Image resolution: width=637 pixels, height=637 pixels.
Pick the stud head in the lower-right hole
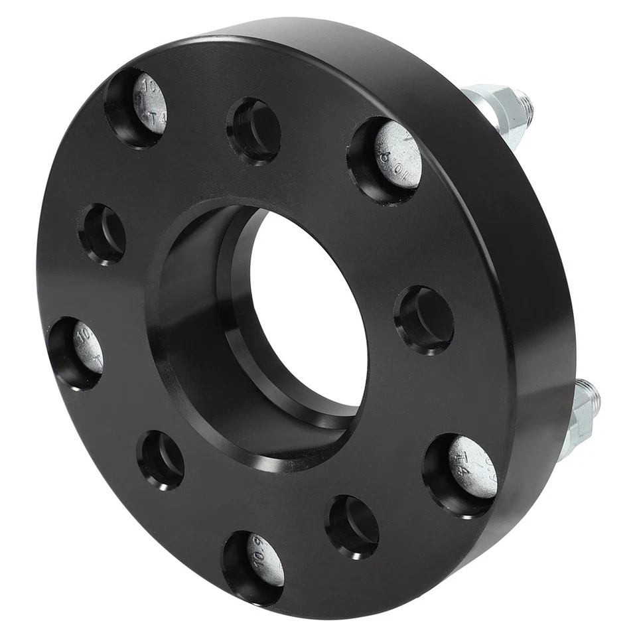pyautogui.click(x=473, y=467)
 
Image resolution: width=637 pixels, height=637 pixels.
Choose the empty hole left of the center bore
pyautogui.click(x=104, y=234)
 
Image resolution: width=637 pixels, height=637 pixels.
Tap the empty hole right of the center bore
pyautogui.click(x=425, y=319)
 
